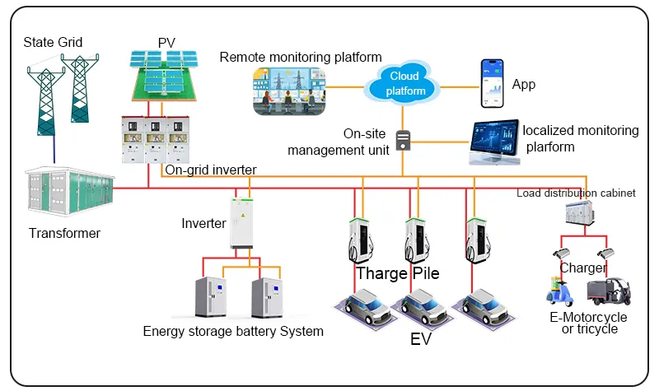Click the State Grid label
click(x=53, y=42)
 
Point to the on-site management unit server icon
click(x=403, y=140)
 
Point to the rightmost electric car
click(x=486, y=308)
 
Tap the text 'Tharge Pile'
click(x=398, y=273)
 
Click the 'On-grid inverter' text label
click(x=211, y=170)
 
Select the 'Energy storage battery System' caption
click(x=233, y=332)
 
